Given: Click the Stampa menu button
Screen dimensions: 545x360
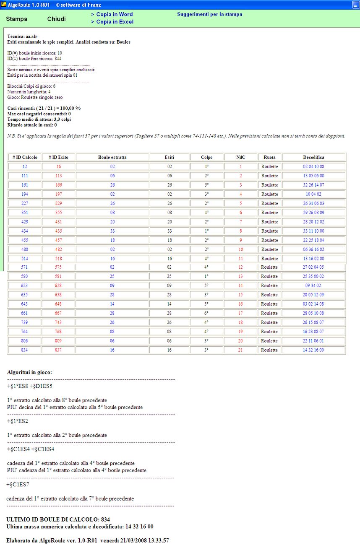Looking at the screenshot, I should point(17,19).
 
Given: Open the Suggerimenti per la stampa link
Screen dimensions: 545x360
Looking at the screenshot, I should point(209,14).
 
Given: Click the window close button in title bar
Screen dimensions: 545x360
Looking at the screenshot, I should point(355,4).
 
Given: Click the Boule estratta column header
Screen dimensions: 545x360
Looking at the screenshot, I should point(112,157).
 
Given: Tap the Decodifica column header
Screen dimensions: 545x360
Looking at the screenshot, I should point(313,157).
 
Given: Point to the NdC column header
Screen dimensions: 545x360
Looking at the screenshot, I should point(241,157).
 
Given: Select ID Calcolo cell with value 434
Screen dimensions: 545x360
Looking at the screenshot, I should point(25,231).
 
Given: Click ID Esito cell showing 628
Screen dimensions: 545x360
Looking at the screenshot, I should point(59,285).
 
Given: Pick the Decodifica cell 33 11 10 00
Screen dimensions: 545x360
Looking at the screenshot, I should point(313,231).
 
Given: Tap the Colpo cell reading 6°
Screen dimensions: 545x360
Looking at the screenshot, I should point(207,313).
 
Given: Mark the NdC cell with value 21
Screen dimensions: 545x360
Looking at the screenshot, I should point(241,350).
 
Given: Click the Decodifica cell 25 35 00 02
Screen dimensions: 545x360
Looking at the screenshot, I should point(313,276).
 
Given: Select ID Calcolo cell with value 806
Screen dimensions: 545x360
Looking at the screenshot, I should point(25,341).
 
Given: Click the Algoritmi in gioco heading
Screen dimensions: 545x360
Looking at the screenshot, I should point(29,372).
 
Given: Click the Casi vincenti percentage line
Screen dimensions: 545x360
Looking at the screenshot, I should point(44,108).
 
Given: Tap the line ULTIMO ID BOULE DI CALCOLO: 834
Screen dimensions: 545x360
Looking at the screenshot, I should point(58,519).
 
